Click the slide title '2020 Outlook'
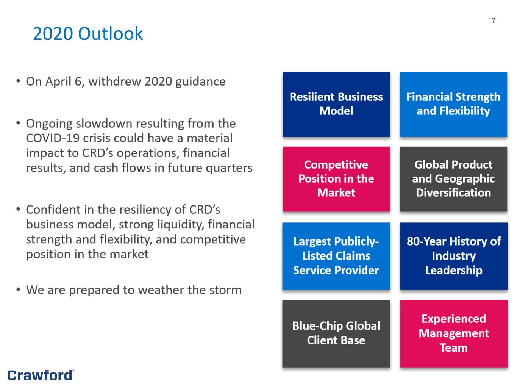point(87,33)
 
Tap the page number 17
point(492,20)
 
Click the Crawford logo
point(41,375)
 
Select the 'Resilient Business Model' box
point(336,104)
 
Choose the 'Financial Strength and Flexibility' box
point(453,104)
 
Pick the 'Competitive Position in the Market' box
point(336,179)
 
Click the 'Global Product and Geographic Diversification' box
point(453,179)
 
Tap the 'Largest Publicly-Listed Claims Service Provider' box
point(336,256)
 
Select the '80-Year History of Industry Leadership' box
point(454,256)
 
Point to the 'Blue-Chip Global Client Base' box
point(336,333)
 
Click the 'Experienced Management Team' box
point(454,333)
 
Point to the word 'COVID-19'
point(53,138)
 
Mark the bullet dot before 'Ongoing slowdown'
point(18,123)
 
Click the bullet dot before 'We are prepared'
point(18,289)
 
